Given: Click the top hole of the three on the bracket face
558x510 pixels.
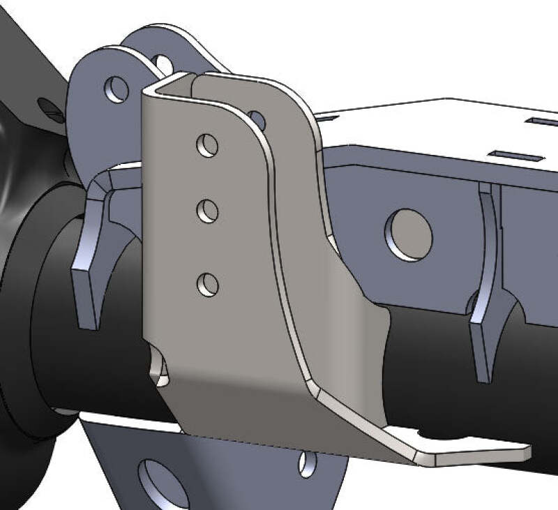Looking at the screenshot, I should (207, 147).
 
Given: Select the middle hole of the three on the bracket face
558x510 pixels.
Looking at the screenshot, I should (207, 211).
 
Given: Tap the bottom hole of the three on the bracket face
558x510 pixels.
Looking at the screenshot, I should (207, 284).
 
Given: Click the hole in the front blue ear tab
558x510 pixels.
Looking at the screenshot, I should (116, 89).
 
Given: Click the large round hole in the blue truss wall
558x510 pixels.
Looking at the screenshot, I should (409, 235).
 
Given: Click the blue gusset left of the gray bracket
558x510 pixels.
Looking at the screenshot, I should (89, 258).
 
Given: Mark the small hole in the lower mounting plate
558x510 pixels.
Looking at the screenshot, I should (307, 464).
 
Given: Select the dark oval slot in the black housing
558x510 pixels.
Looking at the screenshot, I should (50, 107).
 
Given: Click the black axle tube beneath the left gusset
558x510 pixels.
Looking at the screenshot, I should (91, 363).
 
